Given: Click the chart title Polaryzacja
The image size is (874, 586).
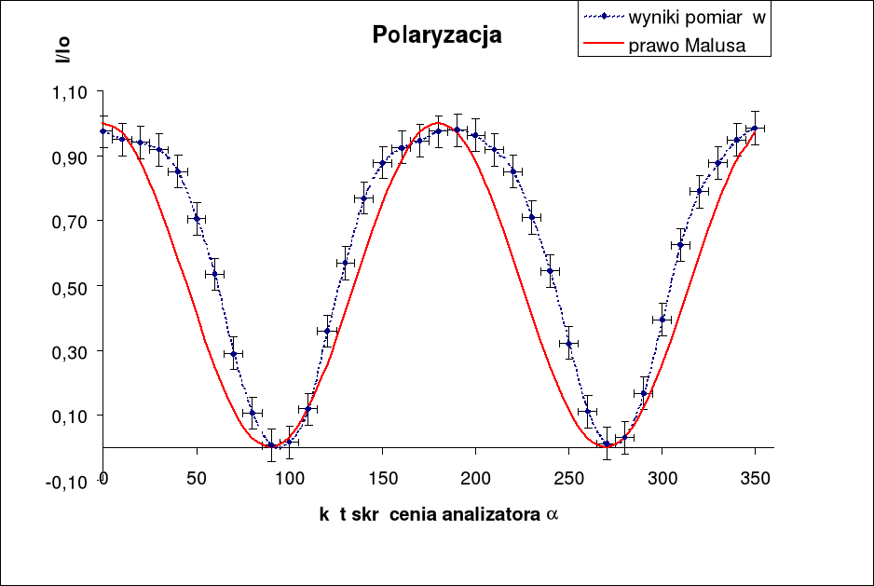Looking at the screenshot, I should click(437, 35).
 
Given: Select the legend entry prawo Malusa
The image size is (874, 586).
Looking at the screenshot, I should click(686, 46).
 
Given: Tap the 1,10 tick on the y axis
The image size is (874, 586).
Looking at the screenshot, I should click(70, 92).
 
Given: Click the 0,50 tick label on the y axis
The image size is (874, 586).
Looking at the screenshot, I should click(70, 287).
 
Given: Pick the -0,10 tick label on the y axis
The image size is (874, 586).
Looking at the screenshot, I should click(68, 480).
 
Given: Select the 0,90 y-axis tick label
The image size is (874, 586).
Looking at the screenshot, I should click(70, 157).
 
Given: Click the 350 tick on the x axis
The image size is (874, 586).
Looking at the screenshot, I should click(755, 478).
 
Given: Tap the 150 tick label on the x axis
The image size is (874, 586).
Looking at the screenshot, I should click(382, 478).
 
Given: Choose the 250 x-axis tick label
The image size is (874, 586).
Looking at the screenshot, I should click(568, 478).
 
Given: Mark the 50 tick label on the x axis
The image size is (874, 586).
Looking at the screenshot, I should click(196, 478).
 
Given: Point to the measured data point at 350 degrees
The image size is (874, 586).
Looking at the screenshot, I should click(755, 128).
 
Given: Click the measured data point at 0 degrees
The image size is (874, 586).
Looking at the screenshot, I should click(103, 131).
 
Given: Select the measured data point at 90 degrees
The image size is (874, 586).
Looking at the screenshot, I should click(271, 445).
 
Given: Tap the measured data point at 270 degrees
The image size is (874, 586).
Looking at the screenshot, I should click(607, 444).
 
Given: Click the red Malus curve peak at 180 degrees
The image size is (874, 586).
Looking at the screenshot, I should click(439, 123).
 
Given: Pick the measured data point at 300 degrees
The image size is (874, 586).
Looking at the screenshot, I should click(662, 320).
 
